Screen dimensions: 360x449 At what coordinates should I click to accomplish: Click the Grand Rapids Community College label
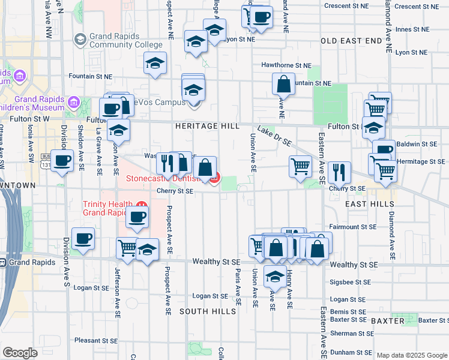pos(125,40)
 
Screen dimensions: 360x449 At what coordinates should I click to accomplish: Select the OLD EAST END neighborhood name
pos(351,41)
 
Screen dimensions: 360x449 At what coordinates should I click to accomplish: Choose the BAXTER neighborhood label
pos(388,321)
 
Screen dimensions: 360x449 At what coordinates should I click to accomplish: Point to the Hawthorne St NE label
pos(286,65)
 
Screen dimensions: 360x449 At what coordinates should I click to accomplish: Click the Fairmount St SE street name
pos(353,227)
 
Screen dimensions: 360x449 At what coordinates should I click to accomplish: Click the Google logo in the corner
pos(20,352)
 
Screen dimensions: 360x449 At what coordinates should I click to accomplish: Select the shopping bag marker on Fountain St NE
pos(284,83)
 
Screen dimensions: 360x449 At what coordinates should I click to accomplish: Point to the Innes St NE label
pos(412,29)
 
